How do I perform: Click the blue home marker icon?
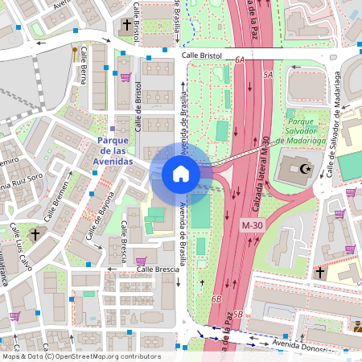tap(181, 173)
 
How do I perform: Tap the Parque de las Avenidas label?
tap(113, 150)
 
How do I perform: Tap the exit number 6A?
tap(240, 60)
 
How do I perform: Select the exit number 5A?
tap(268, 74)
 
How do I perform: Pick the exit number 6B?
tap(216, 298)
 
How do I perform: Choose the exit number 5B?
tap(238, 314)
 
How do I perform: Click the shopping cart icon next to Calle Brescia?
tap(142, 261)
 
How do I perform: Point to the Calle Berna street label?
tap(83, 76)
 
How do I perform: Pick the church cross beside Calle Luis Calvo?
tap(35, 234)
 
